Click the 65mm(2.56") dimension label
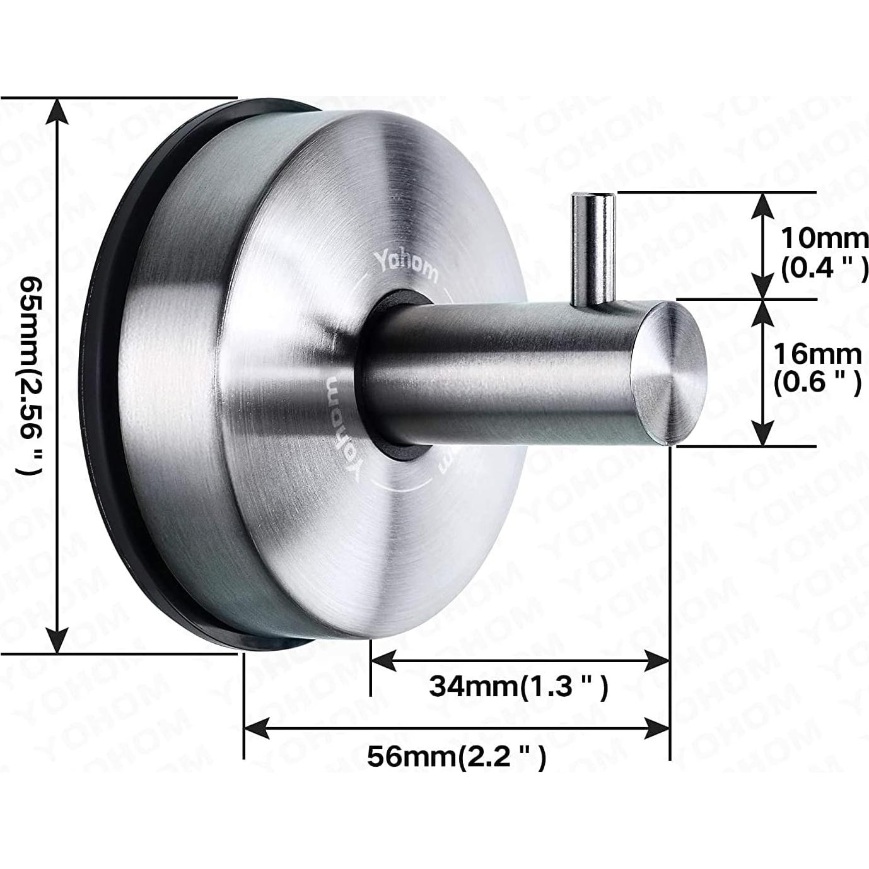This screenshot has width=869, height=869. [32, 375]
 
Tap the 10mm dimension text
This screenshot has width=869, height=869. [824, 238]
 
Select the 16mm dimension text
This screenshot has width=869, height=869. [817, 354]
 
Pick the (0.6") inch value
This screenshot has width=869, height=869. [817, 383]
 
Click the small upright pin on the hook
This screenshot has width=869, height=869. [593, 248]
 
